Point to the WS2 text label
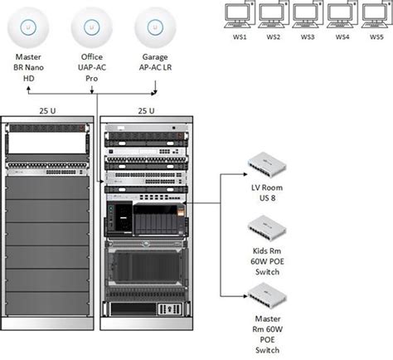point(274,37)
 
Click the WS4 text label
point(342,37)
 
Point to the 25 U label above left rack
point(46,111)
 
